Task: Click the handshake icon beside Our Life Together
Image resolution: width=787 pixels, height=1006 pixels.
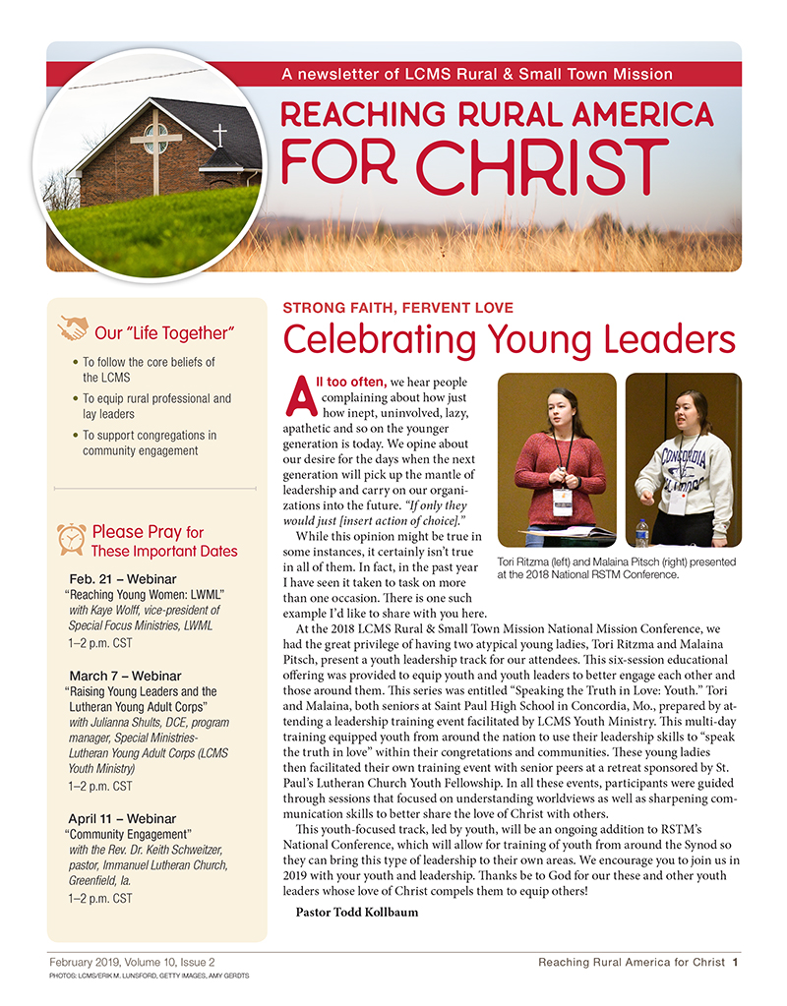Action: [x=73, y=327]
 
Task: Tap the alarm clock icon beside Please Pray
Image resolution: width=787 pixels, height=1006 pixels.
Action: [x=71, y=538]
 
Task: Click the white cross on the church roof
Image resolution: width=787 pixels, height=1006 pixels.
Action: [x=220, y=135]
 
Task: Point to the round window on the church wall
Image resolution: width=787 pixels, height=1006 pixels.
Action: [x=155, y=139]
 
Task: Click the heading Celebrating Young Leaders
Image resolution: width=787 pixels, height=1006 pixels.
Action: [x=509, y=340]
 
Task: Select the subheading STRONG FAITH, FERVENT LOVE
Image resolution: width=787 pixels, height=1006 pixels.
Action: [x=397, y=308]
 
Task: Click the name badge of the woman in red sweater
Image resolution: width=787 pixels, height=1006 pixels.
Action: [x=562, y=499]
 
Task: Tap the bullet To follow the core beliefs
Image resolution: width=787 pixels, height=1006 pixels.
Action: [x=148, y=370]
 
